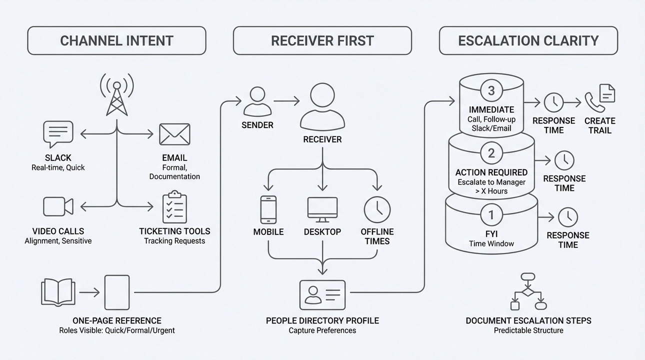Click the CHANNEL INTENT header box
point(116,40)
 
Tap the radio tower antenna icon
point(116,95)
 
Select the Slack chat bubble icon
point(58,134)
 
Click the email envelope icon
point(174,134)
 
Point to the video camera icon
point(58,206)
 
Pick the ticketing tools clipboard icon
point(174,206)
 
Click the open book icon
point(58,292)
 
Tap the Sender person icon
point(257,101)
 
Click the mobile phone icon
point(268,209)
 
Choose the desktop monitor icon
point(322,209)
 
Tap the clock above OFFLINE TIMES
point(377,209)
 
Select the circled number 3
point(491,91)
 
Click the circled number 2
point(491,153)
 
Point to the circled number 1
point(491,215)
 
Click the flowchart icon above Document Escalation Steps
point(528,291)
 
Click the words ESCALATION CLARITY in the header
point(528,40)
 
